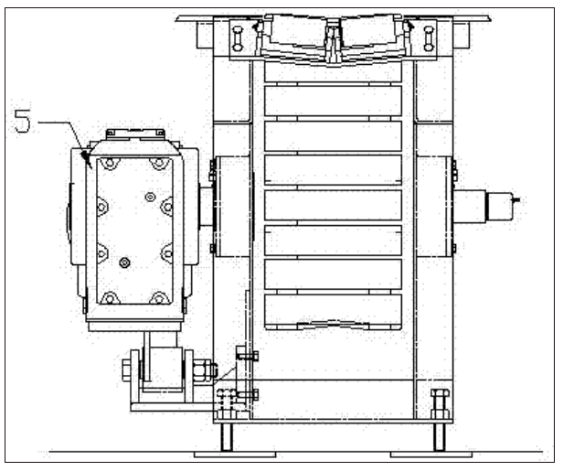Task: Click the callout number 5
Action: (22, 121)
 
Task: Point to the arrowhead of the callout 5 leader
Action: (86, 158)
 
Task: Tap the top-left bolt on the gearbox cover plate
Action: (110, 163)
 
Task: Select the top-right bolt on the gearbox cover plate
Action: (158, 163)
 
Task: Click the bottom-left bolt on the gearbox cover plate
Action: (110, 298)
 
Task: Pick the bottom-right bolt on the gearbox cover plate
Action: (158, 298)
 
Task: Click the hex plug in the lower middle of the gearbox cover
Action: (124, 262)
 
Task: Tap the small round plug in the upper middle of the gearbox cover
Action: (150, 197)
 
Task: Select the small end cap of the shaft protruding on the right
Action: (499, 206)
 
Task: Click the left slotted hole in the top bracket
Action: (238, 38)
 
